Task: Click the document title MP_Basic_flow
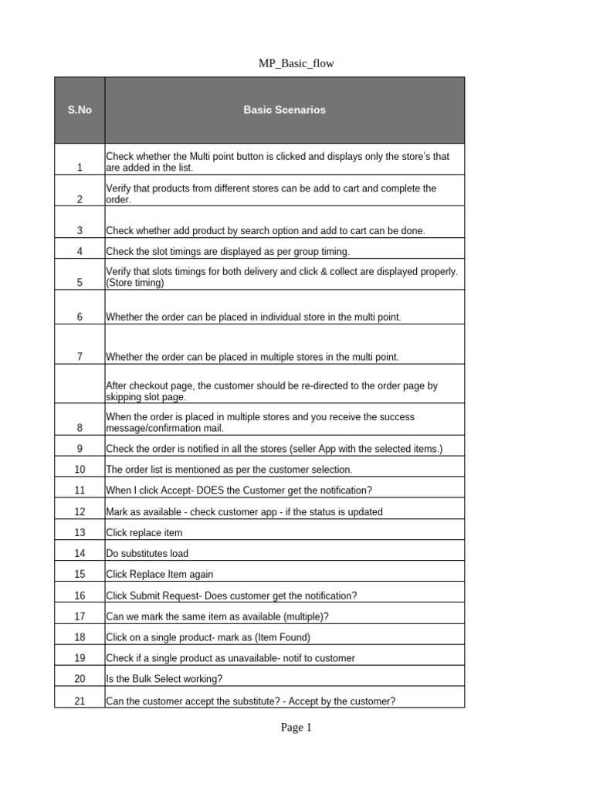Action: pos(296,63)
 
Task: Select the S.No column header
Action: pos(80,110)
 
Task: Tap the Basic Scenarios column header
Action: pos(284,110)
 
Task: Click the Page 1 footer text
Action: pos(296,727)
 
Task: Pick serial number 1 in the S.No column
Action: pos(80,168)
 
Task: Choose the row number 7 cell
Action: pos(80,357)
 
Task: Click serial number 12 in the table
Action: pos(80,511)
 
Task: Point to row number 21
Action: pos(80,701)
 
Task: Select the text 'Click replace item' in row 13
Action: pos(144,533)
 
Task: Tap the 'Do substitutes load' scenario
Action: pos(147,554)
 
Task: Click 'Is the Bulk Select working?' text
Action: pos(164,680)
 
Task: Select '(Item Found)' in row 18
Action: pos(281,637)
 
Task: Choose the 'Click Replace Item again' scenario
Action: pos(160,575)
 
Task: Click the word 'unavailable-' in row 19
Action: pos(251,658)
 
